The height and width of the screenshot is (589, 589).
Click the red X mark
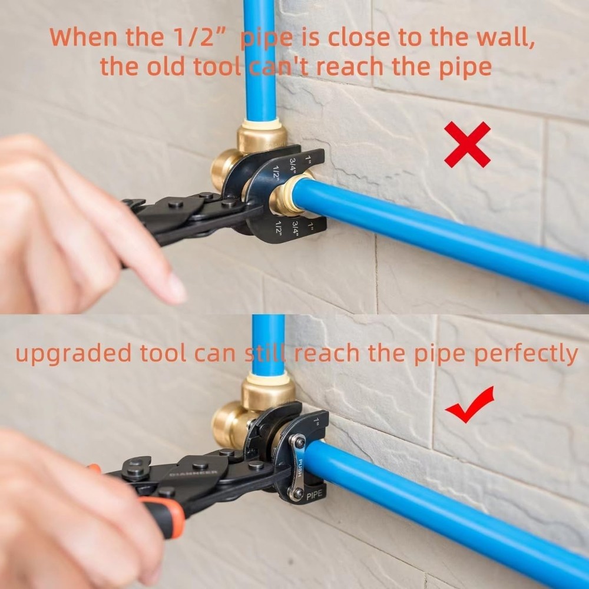467,144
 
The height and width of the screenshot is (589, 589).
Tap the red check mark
469,405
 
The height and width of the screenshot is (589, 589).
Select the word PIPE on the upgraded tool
313,496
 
